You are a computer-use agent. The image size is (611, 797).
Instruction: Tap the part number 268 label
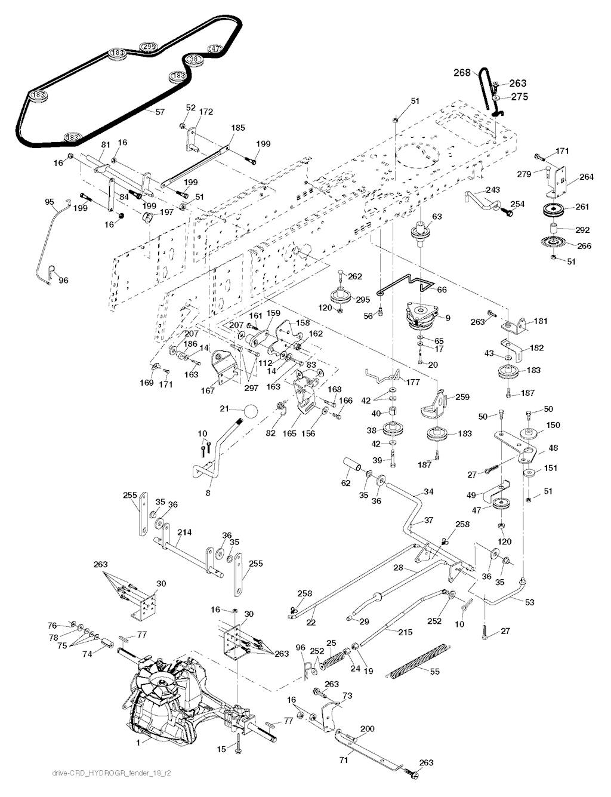tap(462, 73)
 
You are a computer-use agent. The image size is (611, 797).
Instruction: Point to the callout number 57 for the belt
tap(161, 112)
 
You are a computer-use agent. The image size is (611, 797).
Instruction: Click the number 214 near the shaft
tap(184, 531)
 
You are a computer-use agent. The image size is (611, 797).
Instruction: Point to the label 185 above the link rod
tap(237, 128)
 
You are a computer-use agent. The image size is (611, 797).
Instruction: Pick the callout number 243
tap(492, 190)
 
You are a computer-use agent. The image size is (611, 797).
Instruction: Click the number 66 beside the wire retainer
tap(442, 290)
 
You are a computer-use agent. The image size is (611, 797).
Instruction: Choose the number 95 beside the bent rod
tap(50, 202)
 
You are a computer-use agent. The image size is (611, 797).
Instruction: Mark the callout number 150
tap(553, 424)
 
